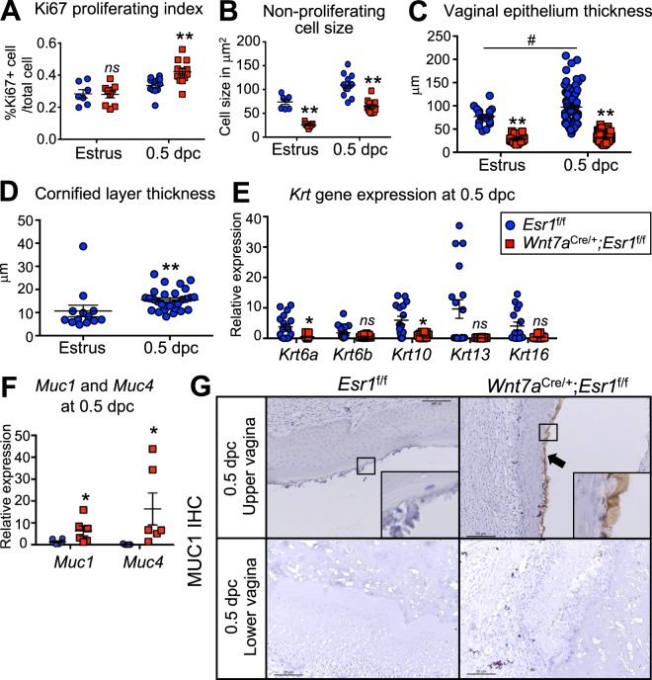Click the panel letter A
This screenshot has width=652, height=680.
tap(12, 13)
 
